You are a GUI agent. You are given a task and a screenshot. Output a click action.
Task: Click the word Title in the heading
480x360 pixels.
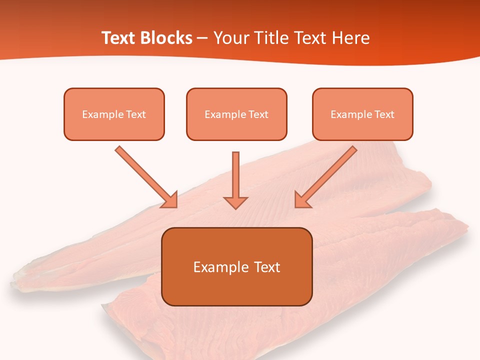[270, 38]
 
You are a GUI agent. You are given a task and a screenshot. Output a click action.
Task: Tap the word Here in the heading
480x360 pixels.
[352, 38]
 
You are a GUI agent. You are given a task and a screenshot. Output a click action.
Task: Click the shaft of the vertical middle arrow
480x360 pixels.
[235, 172]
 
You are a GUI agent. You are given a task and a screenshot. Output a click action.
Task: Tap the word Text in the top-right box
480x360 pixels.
[384, 114]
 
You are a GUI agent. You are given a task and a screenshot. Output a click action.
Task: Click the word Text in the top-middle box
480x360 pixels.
[258, 114]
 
